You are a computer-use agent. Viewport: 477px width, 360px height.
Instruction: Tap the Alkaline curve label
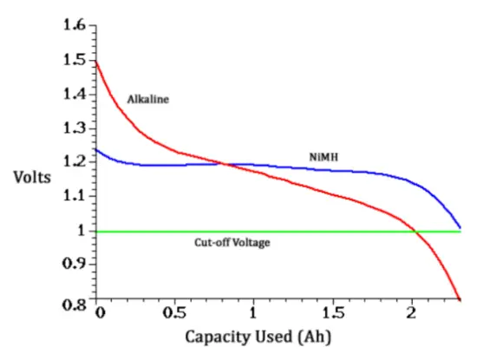(x=147, y=99)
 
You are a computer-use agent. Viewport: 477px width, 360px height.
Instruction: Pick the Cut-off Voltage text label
(x=232, y=244)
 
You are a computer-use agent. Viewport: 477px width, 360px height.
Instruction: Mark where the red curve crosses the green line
(x=416, y=232)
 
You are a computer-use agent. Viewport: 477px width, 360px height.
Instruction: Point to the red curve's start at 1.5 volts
(x=97, y=61)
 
